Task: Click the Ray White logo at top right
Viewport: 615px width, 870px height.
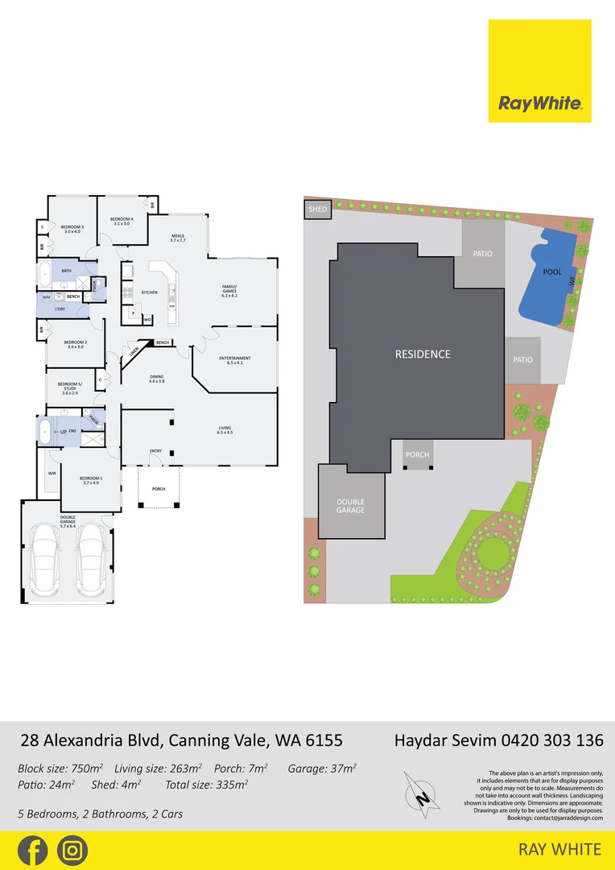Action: [x=539, y=71]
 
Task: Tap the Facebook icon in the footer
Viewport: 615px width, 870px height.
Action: [x=32, y=851]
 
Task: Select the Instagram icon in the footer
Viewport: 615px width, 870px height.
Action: [x=72, y=851]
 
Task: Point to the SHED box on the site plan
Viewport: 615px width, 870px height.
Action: [x=317, y=210]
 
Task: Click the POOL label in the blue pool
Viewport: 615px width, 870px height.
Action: [x=551, y=272]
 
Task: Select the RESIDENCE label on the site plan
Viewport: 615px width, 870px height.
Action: [x=423, y=354]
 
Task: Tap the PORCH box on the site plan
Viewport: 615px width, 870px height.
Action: [x=417, y=455]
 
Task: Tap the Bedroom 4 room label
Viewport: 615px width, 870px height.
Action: [x=122, y=222]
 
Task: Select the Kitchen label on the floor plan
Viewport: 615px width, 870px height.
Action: [x=150, y=292]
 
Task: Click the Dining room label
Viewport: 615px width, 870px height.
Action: [x=156, y=379]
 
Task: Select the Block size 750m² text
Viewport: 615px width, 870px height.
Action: [x=60, y=768]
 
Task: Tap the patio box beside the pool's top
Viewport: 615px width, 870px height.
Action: [x=482, y=254]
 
